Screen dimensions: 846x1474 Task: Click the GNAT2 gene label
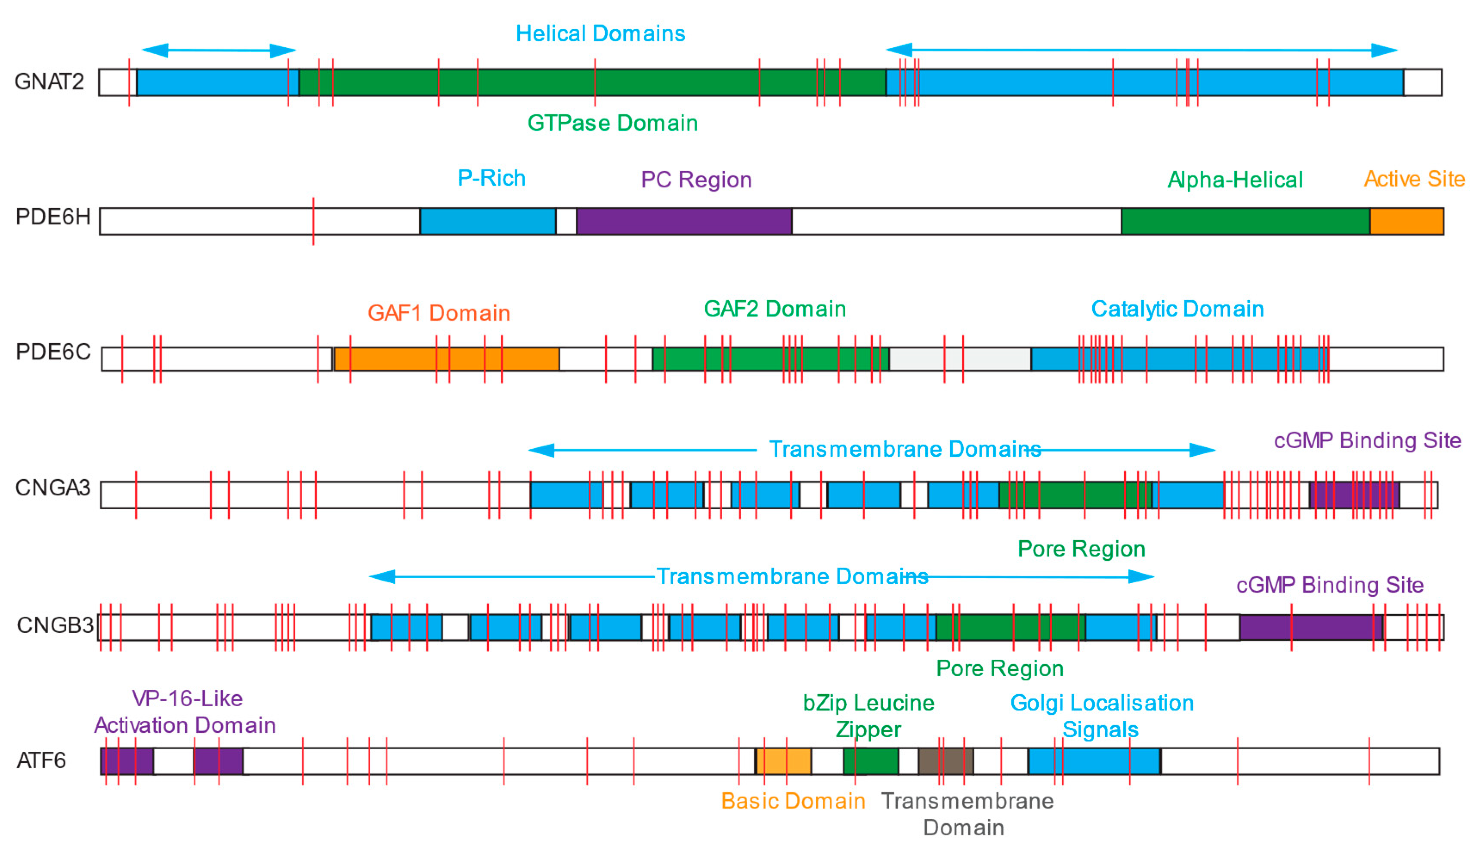tap(49, 82)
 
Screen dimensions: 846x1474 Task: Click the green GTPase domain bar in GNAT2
tap(674, 82)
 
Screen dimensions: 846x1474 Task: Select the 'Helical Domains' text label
tap(600, 34)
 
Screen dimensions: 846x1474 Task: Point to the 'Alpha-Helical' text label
tap(1235, 180)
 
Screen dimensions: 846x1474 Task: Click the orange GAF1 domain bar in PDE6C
tap(401, 359)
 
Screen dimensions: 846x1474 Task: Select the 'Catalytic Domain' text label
tap(1177, 309)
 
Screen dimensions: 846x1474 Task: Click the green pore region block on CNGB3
tap(988, 628)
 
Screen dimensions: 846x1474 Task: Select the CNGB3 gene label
tap(55, 625)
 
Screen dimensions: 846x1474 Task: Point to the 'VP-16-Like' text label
tap(187, 698)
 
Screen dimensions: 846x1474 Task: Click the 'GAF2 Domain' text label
tap(775, 309)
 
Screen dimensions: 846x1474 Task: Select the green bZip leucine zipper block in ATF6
tap(871, 761)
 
